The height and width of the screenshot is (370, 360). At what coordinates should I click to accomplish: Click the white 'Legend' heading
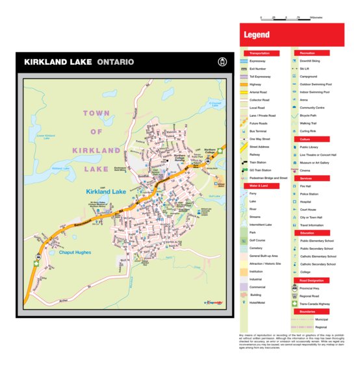256,34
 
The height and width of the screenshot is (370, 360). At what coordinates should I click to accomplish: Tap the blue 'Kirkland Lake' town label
105,192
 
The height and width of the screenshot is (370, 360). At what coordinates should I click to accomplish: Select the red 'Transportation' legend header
261,53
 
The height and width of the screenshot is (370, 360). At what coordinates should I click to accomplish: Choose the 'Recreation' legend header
308,53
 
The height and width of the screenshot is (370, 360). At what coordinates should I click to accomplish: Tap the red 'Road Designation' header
311,280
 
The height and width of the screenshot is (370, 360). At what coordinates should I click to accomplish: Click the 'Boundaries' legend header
308,311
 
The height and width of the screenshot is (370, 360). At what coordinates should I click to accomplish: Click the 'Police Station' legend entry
309,194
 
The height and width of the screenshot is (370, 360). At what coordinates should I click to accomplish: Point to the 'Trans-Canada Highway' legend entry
315,303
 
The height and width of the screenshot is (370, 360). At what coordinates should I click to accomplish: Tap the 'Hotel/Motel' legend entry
259,302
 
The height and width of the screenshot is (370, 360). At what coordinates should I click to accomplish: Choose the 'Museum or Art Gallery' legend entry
318,162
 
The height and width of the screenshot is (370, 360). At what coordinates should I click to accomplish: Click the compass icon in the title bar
222,62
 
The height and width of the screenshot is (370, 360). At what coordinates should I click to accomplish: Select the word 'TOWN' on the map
96,113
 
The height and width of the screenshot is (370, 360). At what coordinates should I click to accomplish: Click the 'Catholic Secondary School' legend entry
318,264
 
